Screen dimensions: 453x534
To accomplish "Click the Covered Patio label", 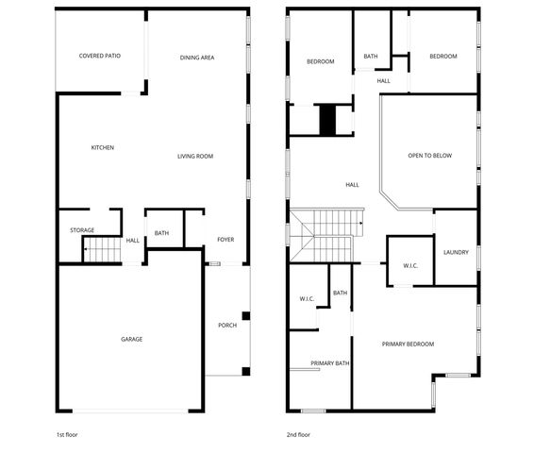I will tap(99, 57).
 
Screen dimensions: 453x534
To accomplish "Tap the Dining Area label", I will tap(197, 58).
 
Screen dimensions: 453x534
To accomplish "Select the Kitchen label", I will tap(103, 147).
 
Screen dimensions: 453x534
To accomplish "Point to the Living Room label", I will tap(195, 156).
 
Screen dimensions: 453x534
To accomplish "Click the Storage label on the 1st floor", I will tap(82, 229).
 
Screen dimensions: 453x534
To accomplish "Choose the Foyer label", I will tap(225, 239).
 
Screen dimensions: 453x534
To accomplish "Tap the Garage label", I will tap(131, 339).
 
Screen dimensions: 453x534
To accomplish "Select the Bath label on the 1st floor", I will tap(162, 233).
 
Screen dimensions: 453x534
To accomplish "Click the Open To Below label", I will tap(429, 155).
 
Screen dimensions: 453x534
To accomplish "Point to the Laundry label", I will tap(457, 252).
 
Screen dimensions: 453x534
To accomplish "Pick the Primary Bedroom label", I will tap(408, 344).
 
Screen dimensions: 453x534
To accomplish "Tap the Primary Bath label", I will tap(330, 363).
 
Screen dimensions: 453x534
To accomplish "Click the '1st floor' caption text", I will tap(69, 435).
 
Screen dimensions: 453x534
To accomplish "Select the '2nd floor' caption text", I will tap(298, 435).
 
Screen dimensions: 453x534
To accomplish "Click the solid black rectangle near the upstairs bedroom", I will tap(328, 120).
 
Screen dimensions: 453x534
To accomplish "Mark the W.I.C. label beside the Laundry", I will tap(410, 266).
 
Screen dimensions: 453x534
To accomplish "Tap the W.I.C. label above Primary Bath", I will tap(307, 299).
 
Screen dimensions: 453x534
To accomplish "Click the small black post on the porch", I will tap(245, 316).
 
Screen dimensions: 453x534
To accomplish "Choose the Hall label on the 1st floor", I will tap(133, 240).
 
